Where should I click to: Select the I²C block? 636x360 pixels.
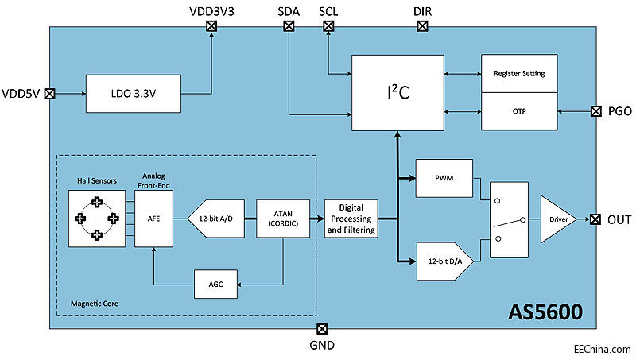397,93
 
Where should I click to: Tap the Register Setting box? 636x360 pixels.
518,74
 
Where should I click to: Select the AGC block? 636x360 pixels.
216,285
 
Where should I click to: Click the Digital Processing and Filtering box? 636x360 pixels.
351,219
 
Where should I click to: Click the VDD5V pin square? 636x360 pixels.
49,94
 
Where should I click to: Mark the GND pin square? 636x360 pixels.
322,329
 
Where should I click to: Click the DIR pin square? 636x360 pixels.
423,26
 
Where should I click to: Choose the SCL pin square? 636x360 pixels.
328,26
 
